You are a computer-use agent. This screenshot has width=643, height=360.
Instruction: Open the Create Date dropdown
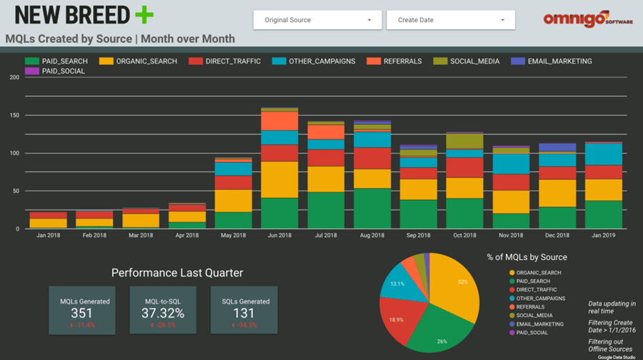click(x=450, y=20)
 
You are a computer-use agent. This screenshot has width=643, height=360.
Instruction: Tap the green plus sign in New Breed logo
click(x=144, y=15)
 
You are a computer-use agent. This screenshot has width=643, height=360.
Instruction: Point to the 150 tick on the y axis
click(x=14, y=115)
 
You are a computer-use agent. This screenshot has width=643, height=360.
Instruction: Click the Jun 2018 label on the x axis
click(x=279, y=235)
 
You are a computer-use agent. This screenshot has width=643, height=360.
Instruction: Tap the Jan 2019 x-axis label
click(x=604, y=235)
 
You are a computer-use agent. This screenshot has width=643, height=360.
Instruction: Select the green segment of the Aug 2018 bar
click(x=372, y=208)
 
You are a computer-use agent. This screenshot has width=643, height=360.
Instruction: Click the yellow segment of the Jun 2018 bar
click(x=279, y=179)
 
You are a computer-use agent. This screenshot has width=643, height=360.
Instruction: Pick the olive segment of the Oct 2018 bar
click(x=465, y=141)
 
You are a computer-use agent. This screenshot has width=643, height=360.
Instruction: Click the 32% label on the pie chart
click(x=462, y=282)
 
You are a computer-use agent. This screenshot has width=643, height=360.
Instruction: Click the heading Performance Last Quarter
click(x=177, y=272)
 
